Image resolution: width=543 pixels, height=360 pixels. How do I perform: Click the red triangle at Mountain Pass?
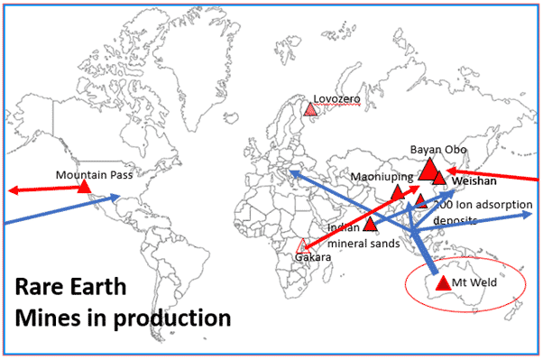click(84, 188)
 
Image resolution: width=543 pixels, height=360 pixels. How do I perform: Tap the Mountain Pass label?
click(94, 175)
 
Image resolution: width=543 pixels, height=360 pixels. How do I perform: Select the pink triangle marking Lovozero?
click(310, 109)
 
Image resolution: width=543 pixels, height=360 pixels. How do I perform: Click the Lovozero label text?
click(336, 98)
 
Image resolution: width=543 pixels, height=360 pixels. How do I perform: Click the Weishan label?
click(474, 181)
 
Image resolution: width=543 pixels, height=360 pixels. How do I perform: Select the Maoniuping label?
click(382, 176)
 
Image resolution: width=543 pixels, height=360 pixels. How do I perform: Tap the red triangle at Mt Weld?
click(442, 283)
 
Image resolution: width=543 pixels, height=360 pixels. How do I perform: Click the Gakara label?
click(315, 258)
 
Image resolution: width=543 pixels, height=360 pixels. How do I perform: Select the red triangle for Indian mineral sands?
click(370, 223)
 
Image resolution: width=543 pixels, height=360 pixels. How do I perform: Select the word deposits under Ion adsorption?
click(456, 219)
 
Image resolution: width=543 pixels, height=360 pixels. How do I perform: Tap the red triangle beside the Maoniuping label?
click(397, 193)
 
